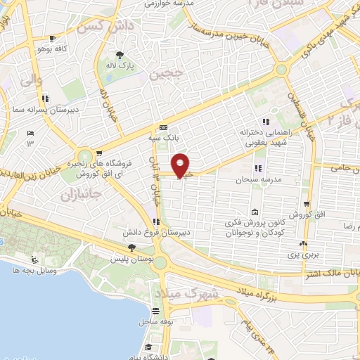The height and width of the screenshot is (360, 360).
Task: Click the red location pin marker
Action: click(181, 165)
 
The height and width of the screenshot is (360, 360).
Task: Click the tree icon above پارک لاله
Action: click(121, 54)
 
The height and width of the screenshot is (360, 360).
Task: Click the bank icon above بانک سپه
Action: click(164, 128)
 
